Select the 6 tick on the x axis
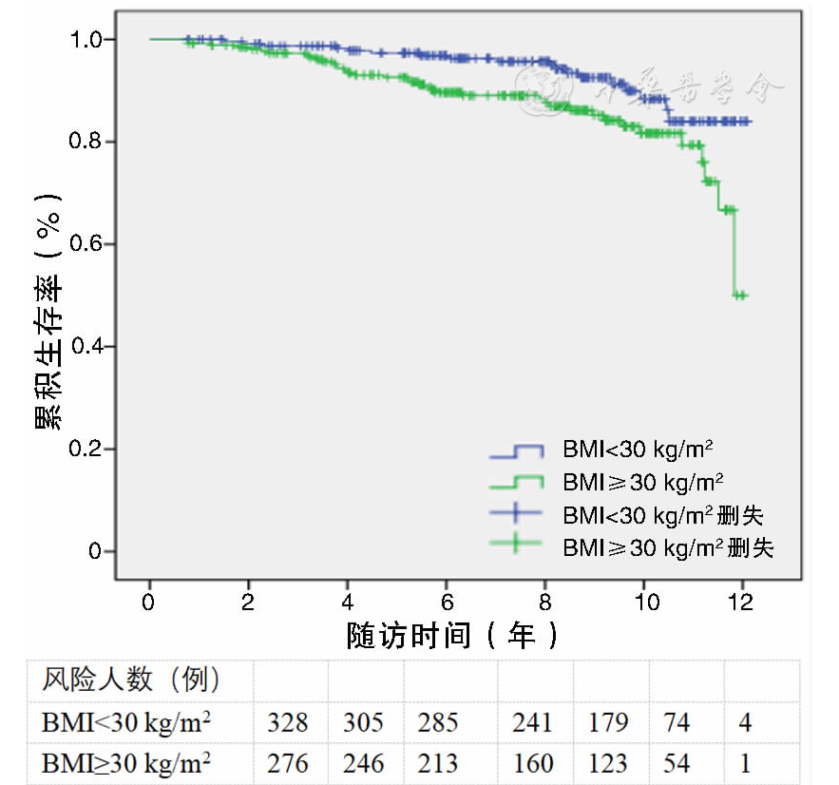click(446, 602)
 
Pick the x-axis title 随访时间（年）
click(452, 634)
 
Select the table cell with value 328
click(288, 722)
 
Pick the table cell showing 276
click(288, 762)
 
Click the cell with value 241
click(532, 722)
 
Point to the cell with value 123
click(608, 762)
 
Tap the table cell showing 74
click(677, 722)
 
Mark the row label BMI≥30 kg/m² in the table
click(126, 762)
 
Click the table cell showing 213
click(437, 762)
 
